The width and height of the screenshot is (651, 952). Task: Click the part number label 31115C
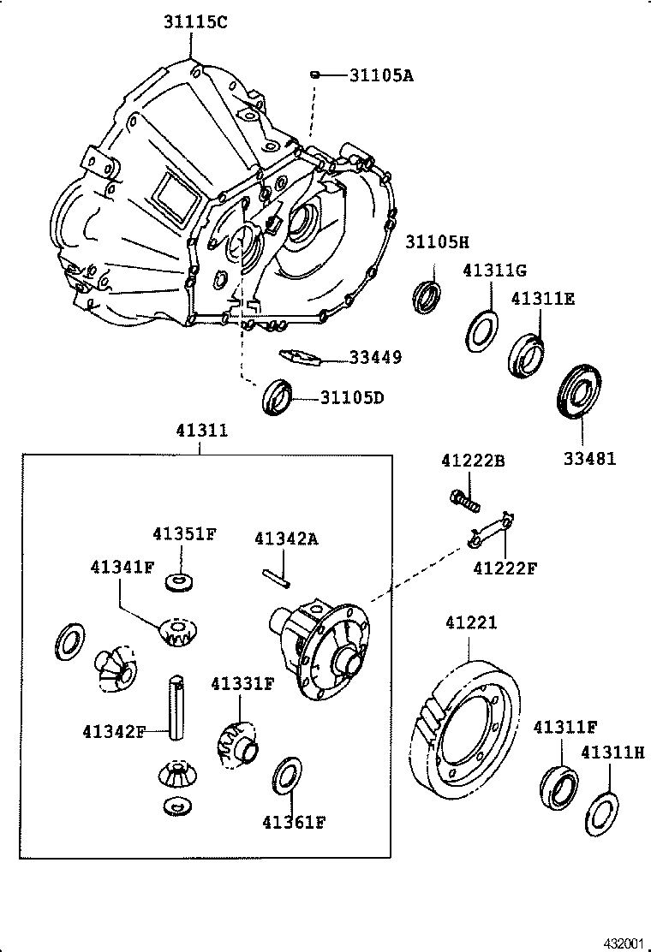(x=195, y=23)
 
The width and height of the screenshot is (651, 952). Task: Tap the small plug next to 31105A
(x=315, y=75)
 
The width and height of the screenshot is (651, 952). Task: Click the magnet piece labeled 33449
(x=300, y=356)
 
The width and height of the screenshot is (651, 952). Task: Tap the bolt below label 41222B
(x=465, y=499)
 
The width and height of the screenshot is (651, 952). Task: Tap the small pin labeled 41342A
(x=278, y=579)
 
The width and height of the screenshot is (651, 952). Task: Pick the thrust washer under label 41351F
(x=176, y=583)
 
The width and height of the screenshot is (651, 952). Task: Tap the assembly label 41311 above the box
(x=201, y=431)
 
